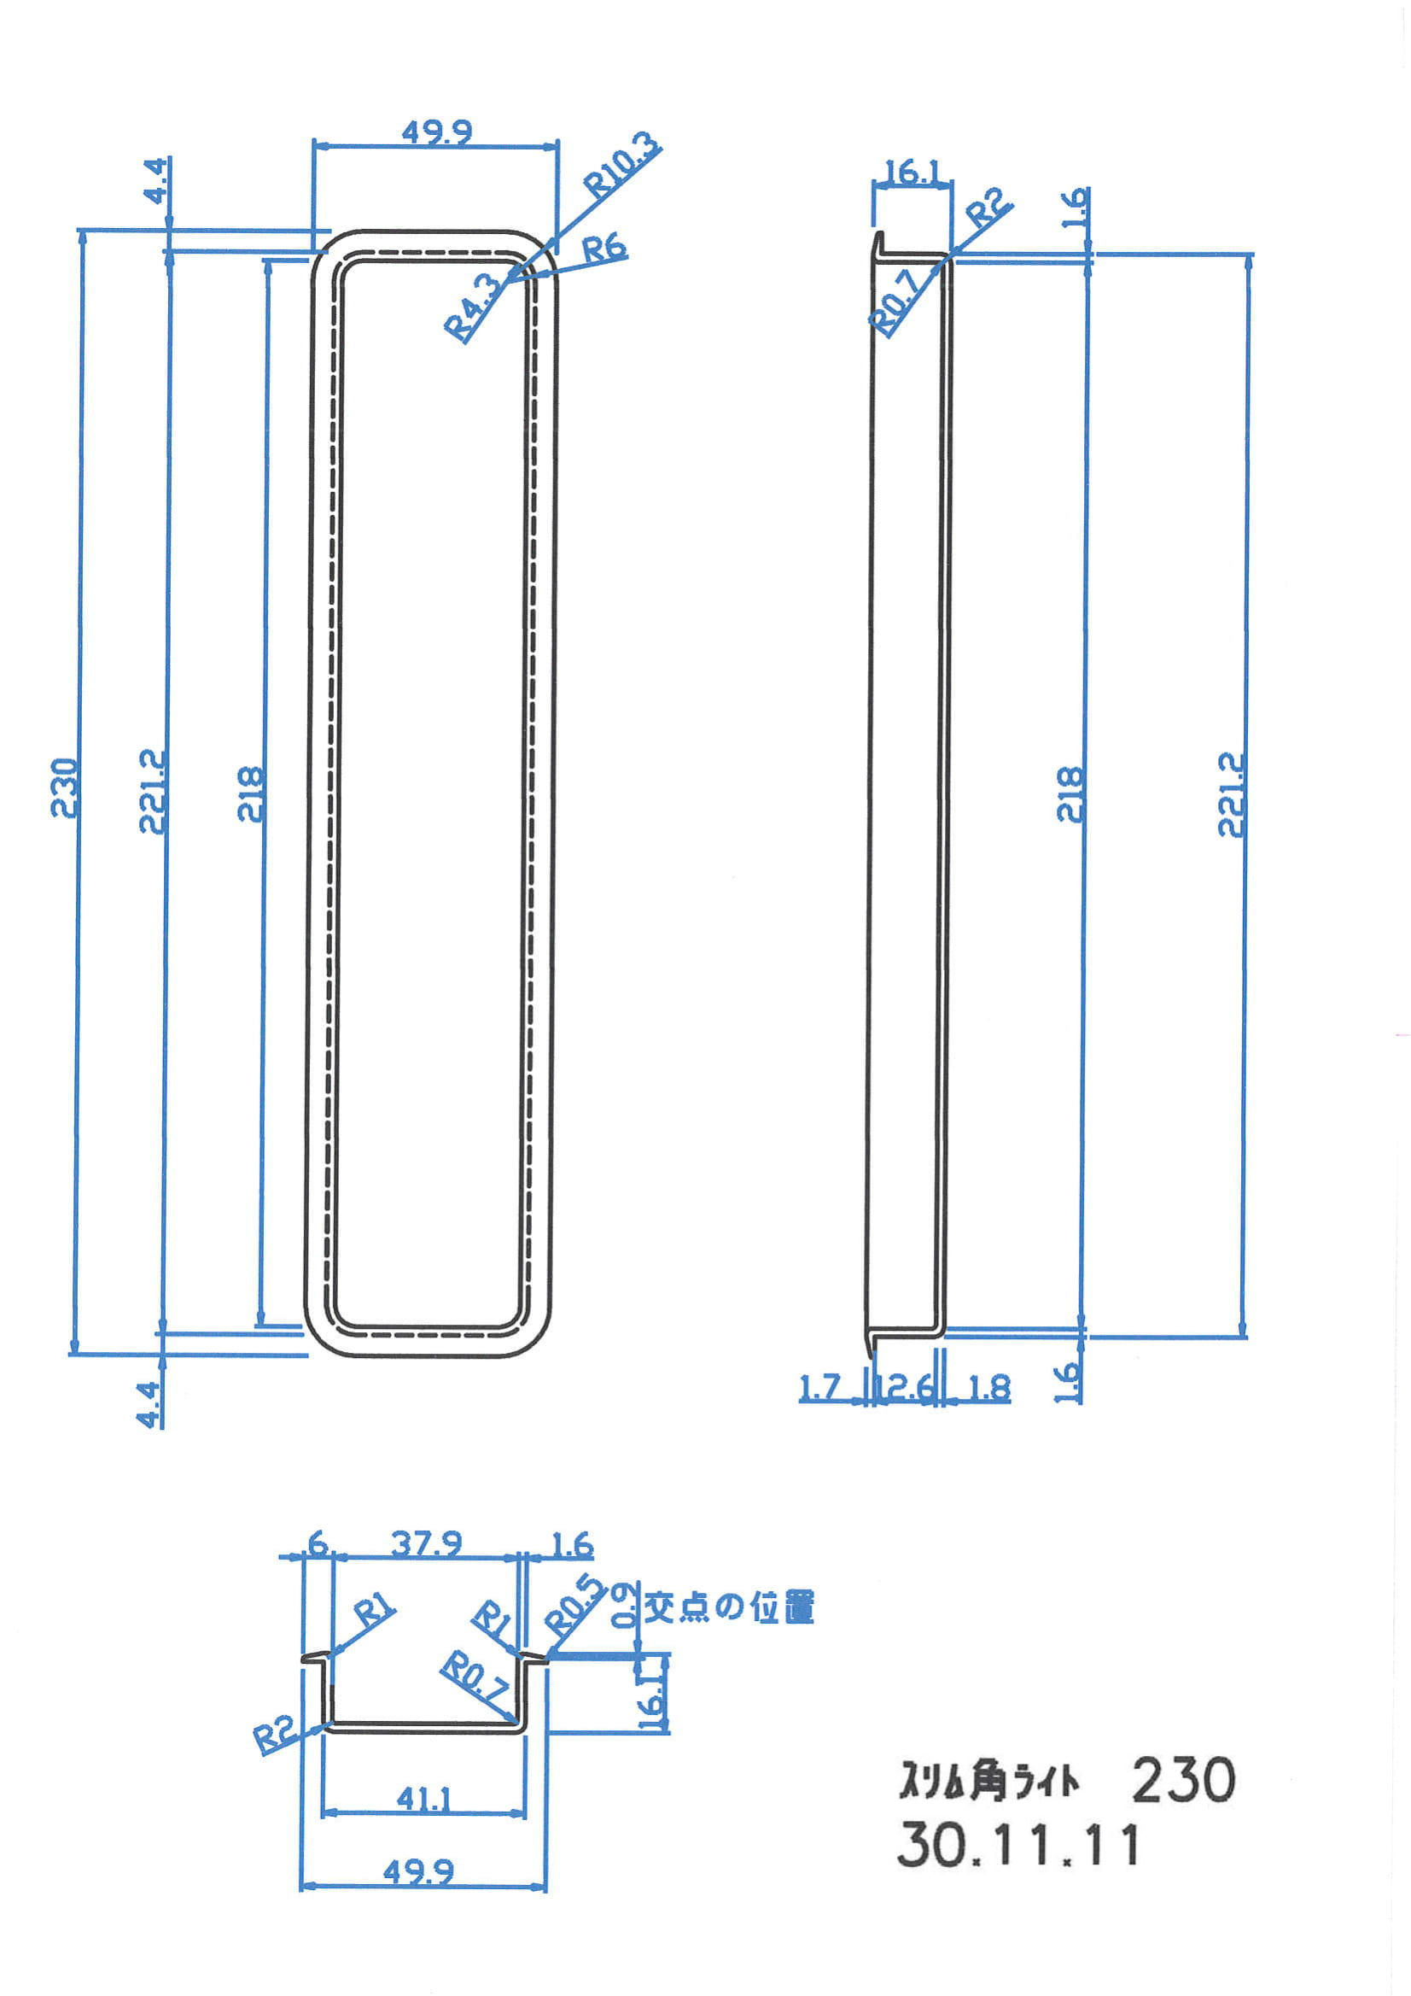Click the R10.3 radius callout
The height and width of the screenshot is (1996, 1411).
coord(621,165)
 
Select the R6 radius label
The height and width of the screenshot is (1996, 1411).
coord(603,249)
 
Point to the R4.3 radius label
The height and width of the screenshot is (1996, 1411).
coord(474,306)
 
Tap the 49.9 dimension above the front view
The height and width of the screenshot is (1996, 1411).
coord(436,133)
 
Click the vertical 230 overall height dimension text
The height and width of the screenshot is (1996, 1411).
coord(65,787)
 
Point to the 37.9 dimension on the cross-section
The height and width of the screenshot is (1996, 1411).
coord(426,1545)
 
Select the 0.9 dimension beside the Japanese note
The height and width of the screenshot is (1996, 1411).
coord(624,1605)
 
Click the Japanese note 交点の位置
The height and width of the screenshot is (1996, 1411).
coord(728,1607)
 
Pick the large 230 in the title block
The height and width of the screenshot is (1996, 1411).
coord(1183,1780)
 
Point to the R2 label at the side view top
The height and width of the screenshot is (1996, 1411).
coord(988,210)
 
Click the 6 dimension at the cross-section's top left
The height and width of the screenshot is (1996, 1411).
coord(318,1545)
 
